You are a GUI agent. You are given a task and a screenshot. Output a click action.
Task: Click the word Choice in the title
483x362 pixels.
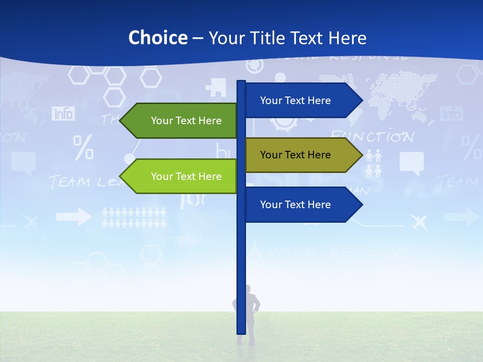pyautogui.click(x=157, y=38)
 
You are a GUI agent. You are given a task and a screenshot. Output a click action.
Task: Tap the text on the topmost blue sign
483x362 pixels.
pyautogui.click(x=295, y=101)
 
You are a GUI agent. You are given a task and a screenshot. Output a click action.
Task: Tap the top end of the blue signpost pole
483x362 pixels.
pyautogui.click(x=241, y=82)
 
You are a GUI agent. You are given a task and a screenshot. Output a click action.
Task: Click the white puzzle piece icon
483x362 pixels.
pyautogui.click(x=216, y=87)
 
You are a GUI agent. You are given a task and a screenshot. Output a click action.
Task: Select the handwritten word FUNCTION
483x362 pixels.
pyautogui.click(x=372, y=136)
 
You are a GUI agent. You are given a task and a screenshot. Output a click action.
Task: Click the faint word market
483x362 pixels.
pyautogui.click(x=183, y=239)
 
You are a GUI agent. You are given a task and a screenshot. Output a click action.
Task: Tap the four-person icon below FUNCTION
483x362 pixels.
pyautogui.click(x=373, y=163)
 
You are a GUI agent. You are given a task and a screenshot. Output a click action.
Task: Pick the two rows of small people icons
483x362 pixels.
pyautogui.click(x=134, y=218)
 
